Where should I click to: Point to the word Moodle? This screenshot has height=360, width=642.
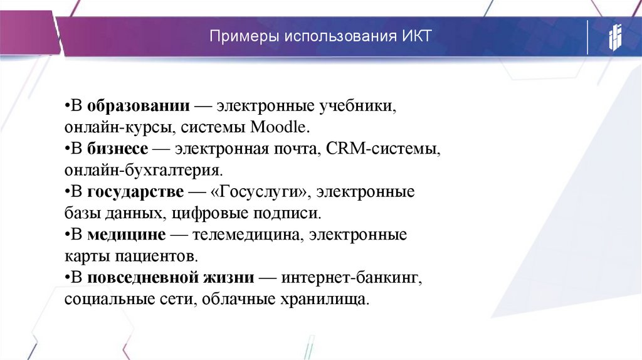(x=280, y=127)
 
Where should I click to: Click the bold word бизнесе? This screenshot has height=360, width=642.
(x=118, y=149)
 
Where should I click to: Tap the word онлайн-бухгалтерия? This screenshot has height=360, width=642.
(x=144, y=170)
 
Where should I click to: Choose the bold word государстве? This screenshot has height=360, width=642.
(x=135, y=191)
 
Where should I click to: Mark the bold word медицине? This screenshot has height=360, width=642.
(x=127, y=235)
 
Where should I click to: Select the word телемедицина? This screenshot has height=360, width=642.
(x=236, y=235)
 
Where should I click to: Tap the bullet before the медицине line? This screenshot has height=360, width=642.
(x=66, y=235)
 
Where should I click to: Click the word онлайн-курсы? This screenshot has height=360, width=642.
(x=119, y=127)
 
